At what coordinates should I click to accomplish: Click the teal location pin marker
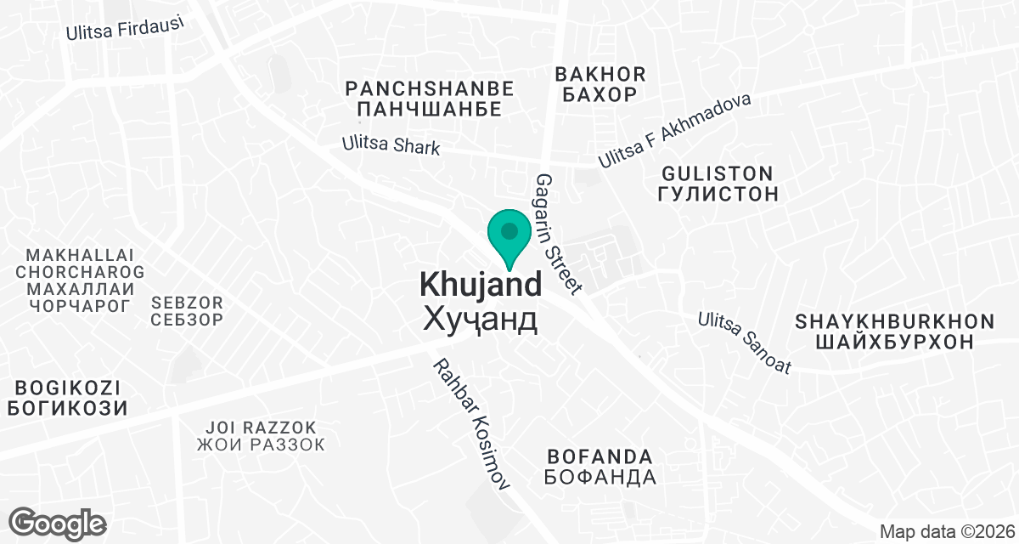[509, 237]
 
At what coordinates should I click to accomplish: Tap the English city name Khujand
[481, 285]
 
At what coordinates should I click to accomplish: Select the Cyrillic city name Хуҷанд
[481, 320]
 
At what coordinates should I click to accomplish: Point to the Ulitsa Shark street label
[391, 146]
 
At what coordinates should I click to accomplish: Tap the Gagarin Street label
[558, 234]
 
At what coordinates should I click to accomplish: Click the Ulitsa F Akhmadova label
[675, 130]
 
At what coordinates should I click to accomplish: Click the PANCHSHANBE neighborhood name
[430, 88]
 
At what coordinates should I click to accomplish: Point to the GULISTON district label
[718, 173]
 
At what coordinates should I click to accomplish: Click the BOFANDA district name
[600, 456]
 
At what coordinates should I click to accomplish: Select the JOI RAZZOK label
[261, 427]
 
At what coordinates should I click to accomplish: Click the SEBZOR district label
[187, 302]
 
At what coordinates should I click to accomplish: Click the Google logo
[58, 523]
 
